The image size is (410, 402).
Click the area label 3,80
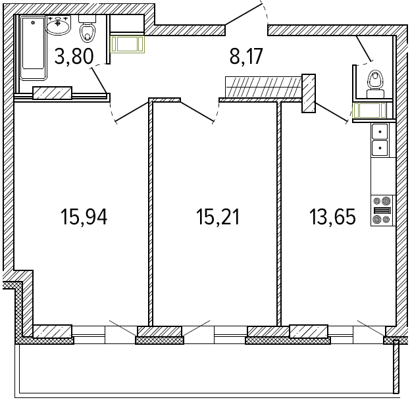[74, 57]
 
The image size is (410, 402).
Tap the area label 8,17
[246, 57]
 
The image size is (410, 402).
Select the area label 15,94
[84, 216]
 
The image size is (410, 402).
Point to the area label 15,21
[218, 216]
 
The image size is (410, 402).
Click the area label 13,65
[332, 216]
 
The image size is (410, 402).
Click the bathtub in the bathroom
[34, 48]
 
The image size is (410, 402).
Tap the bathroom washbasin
[58, 25]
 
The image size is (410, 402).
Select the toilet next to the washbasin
[88, 28]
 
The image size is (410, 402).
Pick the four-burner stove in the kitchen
[382, 211]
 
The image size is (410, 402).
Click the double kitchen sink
[380, 140]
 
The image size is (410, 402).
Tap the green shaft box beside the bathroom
[127, 44]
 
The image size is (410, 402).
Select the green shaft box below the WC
[369, 111]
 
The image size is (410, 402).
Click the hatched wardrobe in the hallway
[263, 86]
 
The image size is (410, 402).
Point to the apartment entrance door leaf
[243, 14]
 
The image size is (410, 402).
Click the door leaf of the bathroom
[99, 80]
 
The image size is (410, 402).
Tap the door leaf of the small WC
[364, 49]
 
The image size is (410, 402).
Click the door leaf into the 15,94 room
[132, 112]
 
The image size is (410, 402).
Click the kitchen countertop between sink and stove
[383, 176]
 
